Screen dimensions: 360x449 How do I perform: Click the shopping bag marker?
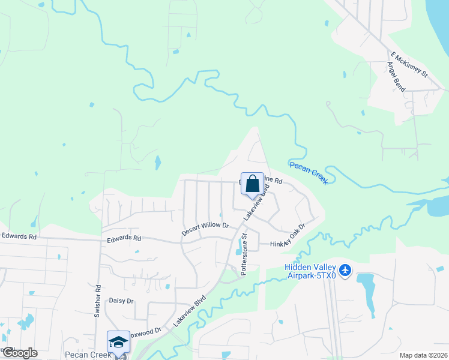(x=253, y=184)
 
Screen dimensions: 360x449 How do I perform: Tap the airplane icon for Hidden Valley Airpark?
(x=345, y=271)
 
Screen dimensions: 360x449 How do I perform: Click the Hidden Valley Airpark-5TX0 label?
(x=309, y=271)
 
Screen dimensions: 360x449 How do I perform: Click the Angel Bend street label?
(x=396, y=76)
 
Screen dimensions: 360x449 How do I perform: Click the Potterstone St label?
(x=245, y=255)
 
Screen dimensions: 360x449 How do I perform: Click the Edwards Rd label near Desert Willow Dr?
(x=124, y=238)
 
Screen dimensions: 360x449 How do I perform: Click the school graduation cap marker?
(x=118, y=342)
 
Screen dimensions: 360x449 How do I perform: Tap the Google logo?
(x=19, y=353)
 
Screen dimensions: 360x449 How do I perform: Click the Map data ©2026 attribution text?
(x=423, y=355)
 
